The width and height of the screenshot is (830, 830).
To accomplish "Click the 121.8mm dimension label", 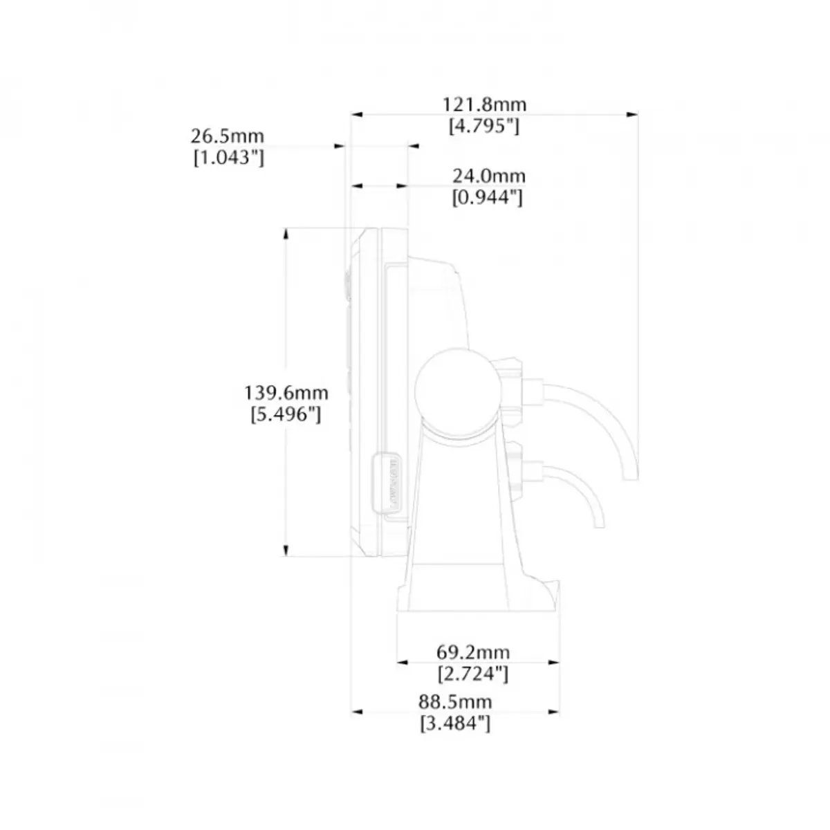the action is point(485,104).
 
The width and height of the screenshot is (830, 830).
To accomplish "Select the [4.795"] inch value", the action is point(484,127).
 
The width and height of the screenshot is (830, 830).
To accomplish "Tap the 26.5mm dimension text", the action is point(228,136).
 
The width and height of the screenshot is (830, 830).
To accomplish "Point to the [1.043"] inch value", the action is point(229,158).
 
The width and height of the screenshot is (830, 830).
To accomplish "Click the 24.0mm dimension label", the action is point(489,176).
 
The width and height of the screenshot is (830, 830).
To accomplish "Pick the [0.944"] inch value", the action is point(487,198).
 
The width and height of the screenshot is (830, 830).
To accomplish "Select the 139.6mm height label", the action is point(286,393).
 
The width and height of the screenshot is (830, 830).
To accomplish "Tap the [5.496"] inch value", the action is point(286,415).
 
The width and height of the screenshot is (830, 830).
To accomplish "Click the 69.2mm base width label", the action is point(473,652).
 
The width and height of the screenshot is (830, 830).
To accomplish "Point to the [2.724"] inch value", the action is point(473,674).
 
